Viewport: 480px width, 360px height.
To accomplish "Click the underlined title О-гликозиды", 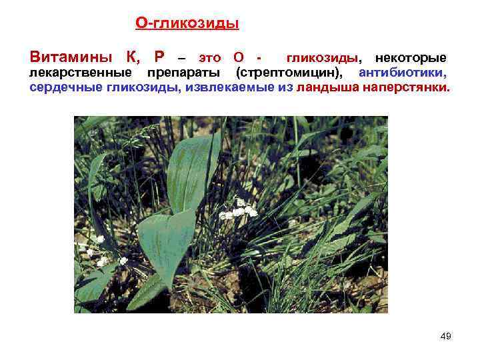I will tap(187, 24).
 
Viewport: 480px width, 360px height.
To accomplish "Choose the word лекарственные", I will tap(79, 73).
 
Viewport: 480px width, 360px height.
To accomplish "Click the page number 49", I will tap(445, 336).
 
